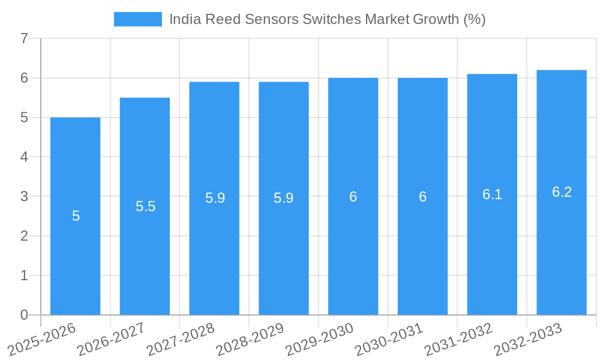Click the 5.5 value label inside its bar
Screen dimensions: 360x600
(145, 206)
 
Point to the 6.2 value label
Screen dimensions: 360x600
(562, 192)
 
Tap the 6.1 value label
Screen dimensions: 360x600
(492, 194)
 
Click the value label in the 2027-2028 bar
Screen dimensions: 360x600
(215, 198)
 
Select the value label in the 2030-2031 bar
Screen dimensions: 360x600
(422, 197)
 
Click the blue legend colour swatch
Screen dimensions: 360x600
(137, 19)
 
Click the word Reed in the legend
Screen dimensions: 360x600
(222, 19)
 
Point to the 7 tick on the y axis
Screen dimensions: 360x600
(24, 39)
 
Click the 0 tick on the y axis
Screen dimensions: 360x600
(24, 315)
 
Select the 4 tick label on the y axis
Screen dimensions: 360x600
(24, 157)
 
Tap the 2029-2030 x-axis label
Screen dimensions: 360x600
(319, 340)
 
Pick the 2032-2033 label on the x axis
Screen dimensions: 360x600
(528, 340)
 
